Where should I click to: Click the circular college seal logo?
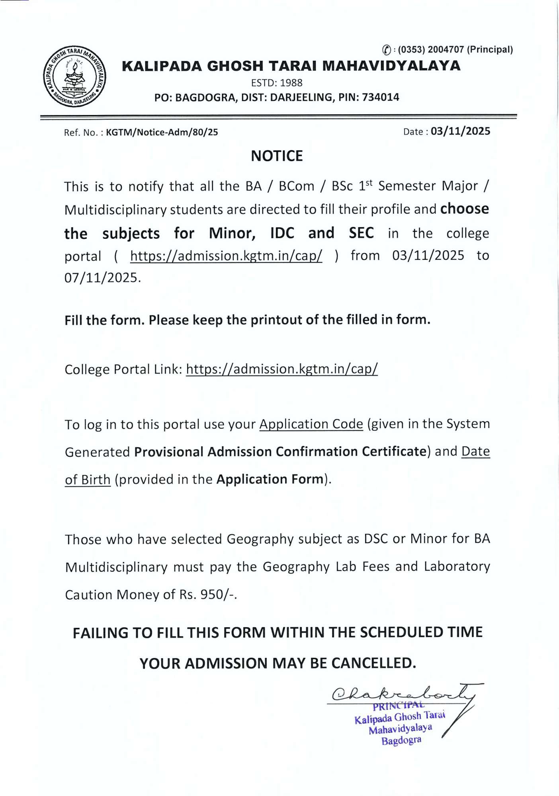(74, 76)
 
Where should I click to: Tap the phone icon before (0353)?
(386, 50)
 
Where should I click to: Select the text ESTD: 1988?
(276, 83)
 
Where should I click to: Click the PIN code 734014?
(380, 97)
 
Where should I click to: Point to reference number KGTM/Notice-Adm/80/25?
(162, 132)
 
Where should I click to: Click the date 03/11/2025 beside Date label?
(460, 131)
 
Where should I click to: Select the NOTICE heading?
(277, 156)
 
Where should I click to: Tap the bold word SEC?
(361, 233)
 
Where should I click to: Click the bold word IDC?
(282, 233)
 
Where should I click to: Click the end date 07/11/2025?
(102, 277)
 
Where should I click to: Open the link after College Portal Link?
(281, 369)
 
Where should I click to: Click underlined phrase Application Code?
(311, 424)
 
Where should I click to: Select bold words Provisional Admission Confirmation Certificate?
(280, 451)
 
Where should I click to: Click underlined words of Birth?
(88, 479)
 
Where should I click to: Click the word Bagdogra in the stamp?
(401, 741)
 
